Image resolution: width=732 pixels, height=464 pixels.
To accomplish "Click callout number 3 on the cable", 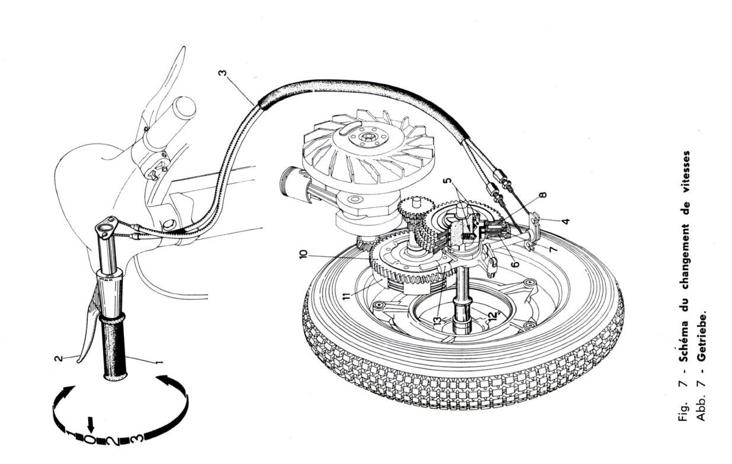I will tap(222, 76).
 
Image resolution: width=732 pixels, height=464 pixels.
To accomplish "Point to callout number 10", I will tap(303, 253).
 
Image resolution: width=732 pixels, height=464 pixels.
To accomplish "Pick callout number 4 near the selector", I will tap(566, 222).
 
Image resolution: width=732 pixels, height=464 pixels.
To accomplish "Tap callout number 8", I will tap(543, 194).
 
